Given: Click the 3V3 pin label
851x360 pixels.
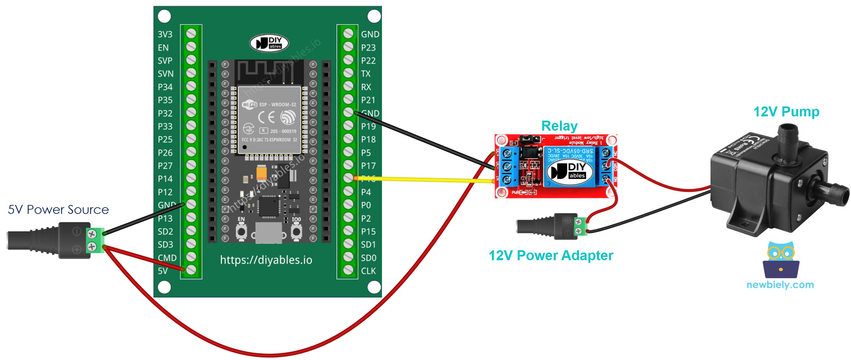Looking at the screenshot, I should click(x=165, y=34).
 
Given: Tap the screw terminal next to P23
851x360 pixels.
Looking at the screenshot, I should click(x=348, y=47).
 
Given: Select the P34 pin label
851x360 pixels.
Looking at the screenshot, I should click(x=165, y=87).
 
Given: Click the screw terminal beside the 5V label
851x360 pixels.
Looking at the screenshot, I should click(x=191, y=270).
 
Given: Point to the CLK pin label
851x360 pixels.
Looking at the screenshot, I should click(x=368, y=271).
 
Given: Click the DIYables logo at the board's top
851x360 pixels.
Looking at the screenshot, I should click(x=269, y=43).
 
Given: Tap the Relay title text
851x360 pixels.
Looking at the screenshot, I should click(x=559, y=126).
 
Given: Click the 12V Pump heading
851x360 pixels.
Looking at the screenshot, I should click(x=786, y=112).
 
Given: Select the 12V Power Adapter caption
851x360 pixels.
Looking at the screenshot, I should click(x=551, y=256).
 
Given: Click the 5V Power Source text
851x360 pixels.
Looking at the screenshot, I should click(x=58, y=210).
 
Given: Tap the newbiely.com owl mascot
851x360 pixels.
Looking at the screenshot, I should click(x=781, y=260).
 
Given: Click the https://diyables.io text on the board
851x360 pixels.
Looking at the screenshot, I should click(x=266, y=260).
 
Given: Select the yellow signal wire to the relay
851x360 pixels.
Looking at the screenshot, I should click(x=423, y=180).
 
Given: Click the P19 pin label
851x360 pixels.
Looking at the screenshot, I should click(x=368, y=126).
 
